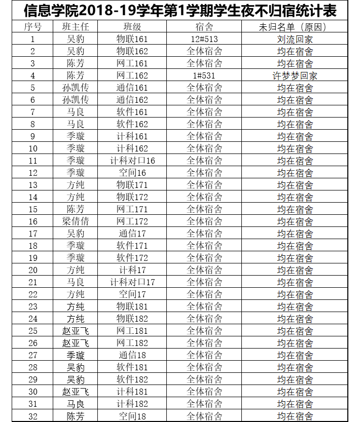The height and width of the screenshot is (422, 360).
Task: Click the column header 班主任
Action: pyautogui.click(x=76, y=27)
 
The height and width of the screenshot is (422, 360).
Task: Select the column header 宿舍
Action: pyautogui.click(x=204, y=27)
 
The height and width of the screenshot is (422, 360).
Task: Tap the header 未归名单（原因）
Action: pyautogui.click(x=295, y=27)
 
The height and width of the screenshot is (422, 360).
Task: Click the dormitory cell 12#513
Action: pyautogui.click(x=204, y=39)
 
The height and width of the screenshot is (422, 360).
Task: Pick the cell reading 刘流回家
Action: pyautogui.click(x=295, y=39)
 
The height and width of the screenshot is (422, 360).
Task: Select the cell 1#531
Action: pyautogui.click(x=204, y=75)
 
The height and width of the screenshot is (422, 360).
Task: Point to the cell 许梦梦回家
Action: pyautogui.click(x=295, y=75)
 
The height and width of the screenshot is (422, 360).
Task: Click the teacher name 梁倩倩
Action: pyautogui.click(x=76, y=221)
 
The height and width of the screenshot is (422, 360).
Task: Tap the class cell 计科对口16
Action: pyautogui.click(x=132, y=161)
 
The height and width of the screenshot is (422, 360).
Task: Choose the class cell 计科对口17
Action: pyautogui.click(x=132, y=282)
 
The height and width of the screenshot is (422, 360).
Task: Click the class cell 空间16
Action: pyautogui.click(x=132, y=173)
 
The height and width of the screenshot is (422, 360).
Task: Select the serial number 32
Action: pyautogui.click(x=33, y=416)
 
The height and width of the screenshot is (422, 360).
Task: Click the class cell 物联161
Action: pyautogui.click(x=132, y=39)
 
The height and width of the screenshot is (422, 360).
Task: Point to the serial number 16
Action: pyautogui.click(x=33, y=221)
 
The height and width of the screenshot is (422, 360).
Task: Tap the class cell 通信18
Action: pyautogui.click(x=132, y=355)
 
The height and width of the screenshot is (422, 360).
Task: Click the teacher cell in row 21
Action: pyautogui.click(x=76, y=282)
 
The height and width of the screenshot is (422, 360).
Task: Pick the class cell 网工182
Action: pyautogui.click(x=132, y=343)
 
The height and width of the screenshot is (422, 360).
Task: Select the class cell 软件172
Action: pyautogui.click(x=132, y=258)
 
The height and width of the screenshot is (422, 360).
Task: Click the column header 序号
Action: pyautogui.click(x=33, y=27)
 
